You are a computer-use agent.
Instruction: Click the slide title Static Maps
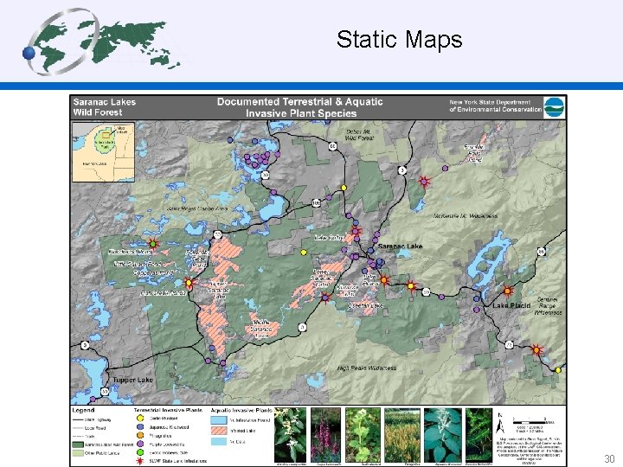[399, 40]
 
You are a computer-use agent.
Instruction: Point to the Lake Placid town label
[511, 305]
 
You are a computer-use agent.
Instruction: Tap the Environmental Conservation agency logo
[555, 106]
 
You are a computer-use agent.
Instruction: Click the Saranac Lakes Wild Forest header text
[105, 106]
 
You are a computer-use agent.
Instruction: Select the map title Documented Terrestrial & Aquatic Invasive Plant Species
[299, 107]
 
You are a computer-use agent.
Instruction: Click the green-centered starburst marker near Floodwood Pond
[153, 245]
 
